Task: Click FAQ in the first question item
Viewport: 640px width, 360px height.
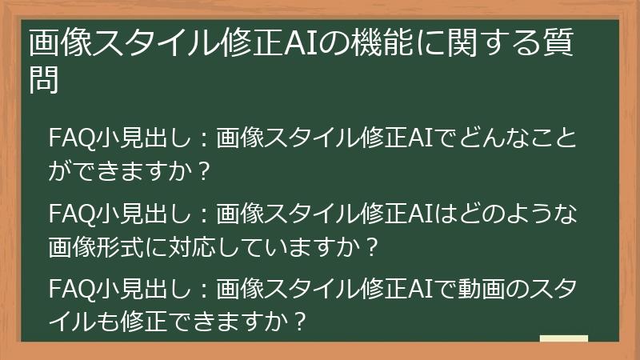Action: click(x=69, y=138)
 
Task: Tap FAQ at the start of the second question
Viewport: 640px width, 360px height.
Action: click(x=69, y=215)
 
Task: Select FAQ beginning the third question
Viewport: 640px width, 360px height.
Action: click(x=69, y=287)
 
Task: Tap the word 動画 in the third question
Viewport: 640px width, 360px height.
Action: click(x=478, y=287)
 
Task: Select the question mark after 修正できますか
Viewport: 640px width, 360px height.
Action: click(x=298, y=322)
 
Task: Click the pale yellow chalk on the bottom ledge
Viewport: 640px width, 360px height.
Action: click(x=563, y=339)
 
